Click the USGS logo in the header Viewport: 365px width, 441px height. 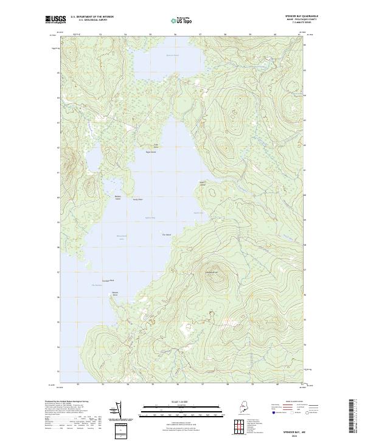click(54, 20)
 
